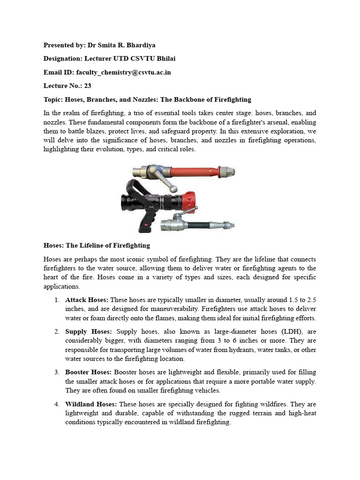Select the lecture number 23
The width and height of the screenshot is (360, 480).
88,86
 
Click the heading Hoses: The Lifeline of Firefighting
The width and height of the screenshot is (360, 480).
97,245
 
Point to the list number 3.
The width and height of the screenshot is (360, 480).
56,372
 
